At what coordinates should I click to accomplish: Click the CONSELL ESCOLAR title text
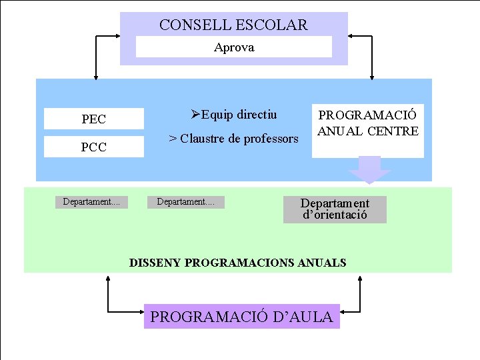[x=233, y=25]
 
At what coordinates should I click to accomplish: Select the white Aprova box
[x=234, y=47]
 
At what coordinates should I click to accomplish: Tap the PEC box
[x=94, y=119]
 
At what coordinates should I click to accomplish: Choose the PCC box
[x=94, y=147]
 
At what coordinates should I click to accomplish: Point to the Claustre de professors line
[x=233, y=139]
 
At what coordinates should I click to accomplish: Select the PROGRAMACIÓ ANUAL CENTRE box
[x=367, y=130]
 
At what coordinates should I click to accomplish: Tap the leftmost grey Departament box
[x=91, y=202]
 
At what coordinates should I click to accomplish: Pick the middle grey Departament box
[x=186, y=202]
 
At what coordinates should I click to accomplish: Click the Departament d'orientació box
[x=335, y=209]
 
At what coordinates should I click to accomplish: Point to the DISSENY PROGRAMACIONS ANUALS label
[x=237, y=263]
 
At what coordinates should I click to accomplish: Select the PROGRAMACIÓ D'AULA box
[x=241, y=317]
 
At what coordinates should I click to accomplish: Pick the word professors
[x=270, y=139]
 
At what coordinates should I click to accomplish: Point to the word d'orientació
[x=335, y=215]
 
